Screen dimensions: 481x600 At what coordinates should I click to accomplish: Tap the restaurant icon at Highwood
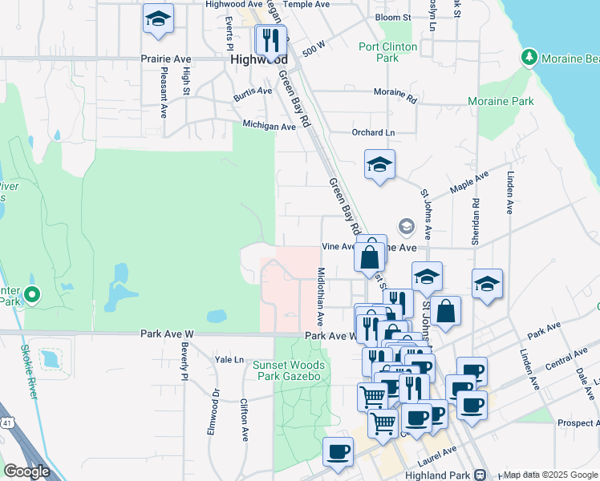pyautogui.click(x=270, y=38)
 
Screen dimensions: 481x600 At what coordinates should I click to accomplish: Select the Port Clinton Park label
pyautogui.click(x=389, y=52)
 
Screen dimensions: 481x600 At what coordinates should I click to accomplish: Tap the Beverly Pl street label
pyautogui.click(x=184, y=361)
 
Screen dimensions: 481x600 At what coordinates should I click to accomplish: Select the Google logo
pyautogui.click(x=26, y=471)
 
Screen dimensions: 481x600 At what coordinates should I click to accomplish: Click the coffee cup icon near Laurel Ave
pyautogui.click(x=338, y=451)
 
